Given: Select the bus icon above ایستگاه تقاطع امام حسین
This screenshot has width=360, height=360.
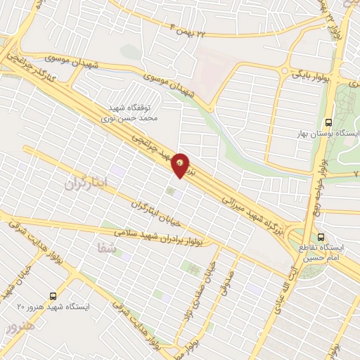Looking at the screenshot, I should (x=321, y=236).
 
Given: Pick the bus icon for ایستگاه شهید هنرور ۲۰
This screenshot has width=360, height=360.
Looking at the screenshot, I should (x=54, y=296).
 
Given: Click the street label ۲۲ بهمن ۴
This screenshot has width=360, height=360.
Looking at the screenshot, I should (x=189, y=28).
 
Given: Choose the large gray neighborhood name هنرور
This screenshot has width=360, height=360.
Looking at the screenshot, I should (x=15, y=328).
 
